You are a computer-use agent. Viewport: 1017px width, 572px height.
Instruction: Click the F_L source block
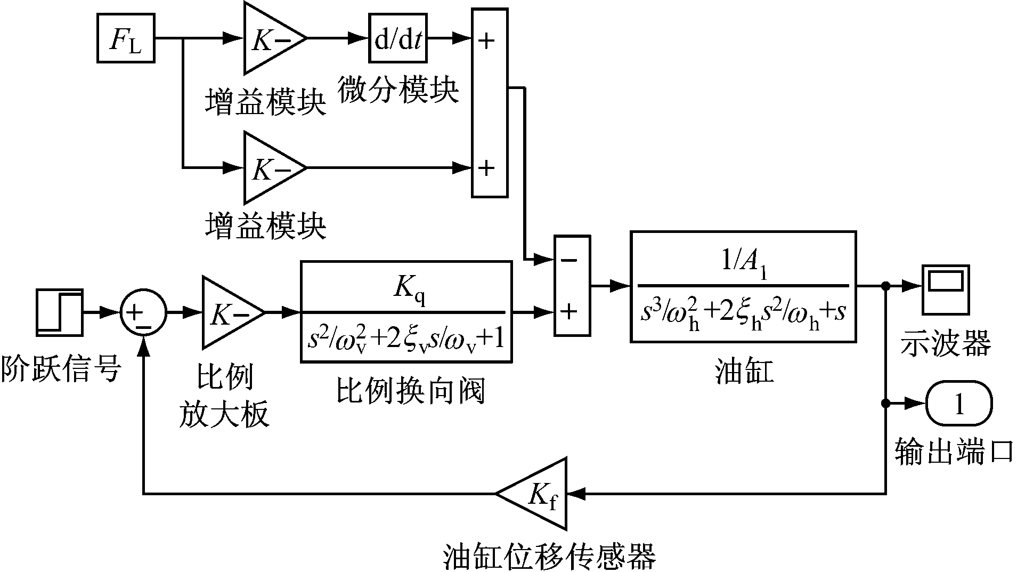click(126, 38)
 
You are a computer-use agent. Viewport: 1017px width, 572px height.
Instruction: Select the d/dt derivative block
click(398, 38)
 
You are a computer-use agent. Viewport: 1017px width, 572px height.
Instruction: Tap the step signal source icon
click(60, 312)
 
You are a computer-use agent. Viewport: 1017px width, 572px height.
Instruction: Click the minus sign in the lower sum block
click(570, 260)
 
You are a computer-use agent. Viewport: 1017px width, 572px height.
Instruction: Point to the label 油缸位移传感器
click(549, 556)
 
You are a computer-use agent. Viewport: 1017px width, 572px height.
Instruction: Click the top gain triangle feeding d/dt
click(271, 38)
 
